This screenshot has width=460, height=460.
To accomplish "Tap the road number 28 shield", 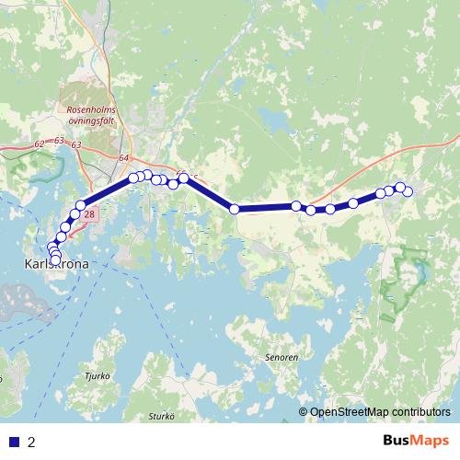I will click(x=89, y=214).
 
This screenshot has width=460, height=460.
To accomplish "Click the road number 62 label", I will click(x=39, y=144).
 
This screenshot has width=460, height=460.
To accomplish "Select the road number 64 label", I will click(x=124, y=157).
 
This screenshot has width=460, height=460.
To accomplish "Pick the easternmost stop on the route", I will click(x=408, y=191).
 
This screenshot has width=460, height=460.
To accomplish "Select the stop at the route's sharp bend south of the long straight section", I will click(x=234, y=209).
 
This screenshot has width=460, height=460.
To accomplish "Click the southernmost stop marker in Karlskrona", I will click(x=56, y=259).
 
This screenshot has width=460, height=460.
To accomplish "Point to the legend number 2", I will click(x=31, y=442).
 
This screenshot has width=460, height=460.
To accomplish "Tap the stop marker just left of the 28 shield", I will click(x=75, y=213).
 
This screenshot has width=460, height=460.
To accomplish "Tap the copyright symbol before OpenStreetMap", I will click(x=304, y=411).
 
